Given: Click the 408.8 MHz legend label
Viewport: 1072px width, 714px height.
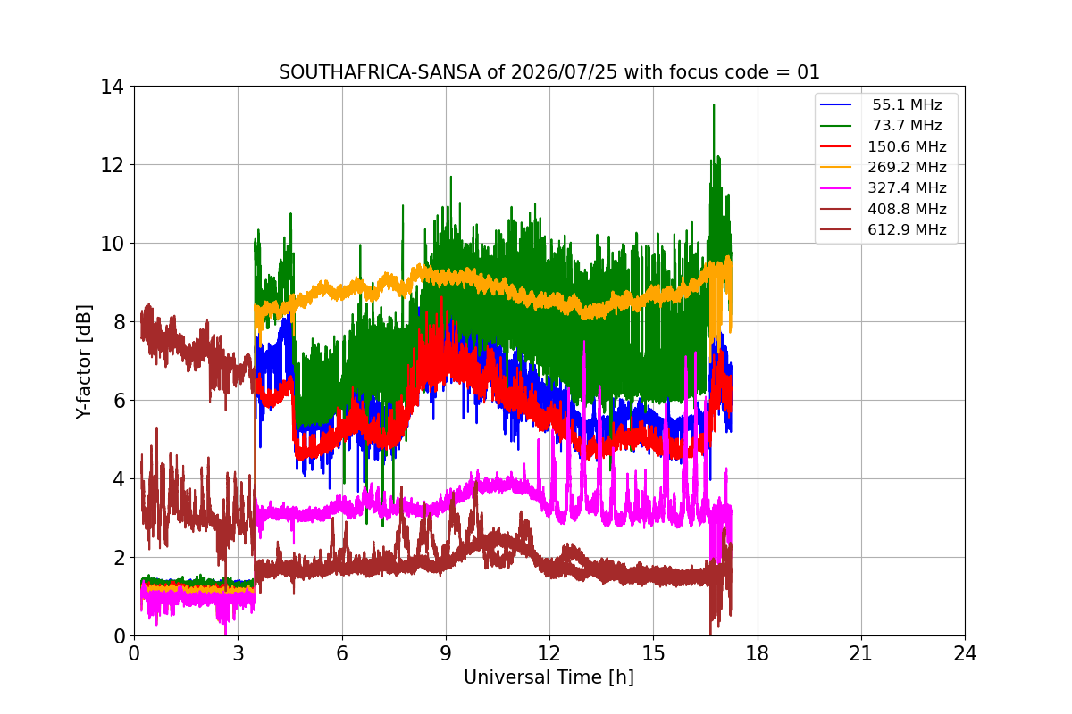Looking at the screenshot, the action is [907, 209].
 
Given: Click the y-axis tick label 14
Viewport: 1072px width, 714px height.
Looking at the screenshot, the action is [112, 87].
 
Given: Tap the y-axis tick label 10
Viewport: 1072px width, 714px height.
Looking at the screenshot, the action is [112, 244].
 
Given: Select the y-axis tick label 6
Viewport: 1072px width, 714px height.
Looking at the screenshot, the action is [119, 401].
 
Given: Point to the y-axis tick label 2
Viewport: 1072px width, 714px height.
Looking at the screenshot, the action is [119, 558].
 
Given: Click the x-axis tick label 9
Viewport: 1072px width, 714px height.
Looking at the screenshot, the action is [446, 653].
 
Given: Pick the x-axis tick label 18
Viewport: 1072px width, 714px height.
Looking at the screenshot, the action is [758, 653].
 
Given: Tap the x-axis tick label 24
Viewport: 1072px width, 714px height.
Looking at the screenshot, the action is [965, 653].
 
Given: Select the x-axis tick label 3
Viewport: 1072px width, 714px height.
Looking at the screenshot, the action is [239, 653].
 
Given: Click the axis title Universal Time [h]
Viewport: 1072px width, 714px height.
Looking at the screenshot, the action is [549, 677].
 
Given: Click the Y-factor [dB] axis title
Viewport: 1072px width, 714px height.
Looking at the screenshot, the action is [83, 361].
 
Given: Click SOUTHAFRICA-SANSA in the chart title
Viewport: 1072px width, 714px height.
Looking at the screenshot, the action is [380, 72].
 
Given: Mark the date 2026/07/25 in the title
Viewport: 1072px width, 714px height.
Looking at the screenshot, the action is [565, 72].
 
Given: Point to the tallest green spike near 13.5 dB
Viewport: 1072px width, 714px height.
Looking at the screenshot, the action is [714, 104].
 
